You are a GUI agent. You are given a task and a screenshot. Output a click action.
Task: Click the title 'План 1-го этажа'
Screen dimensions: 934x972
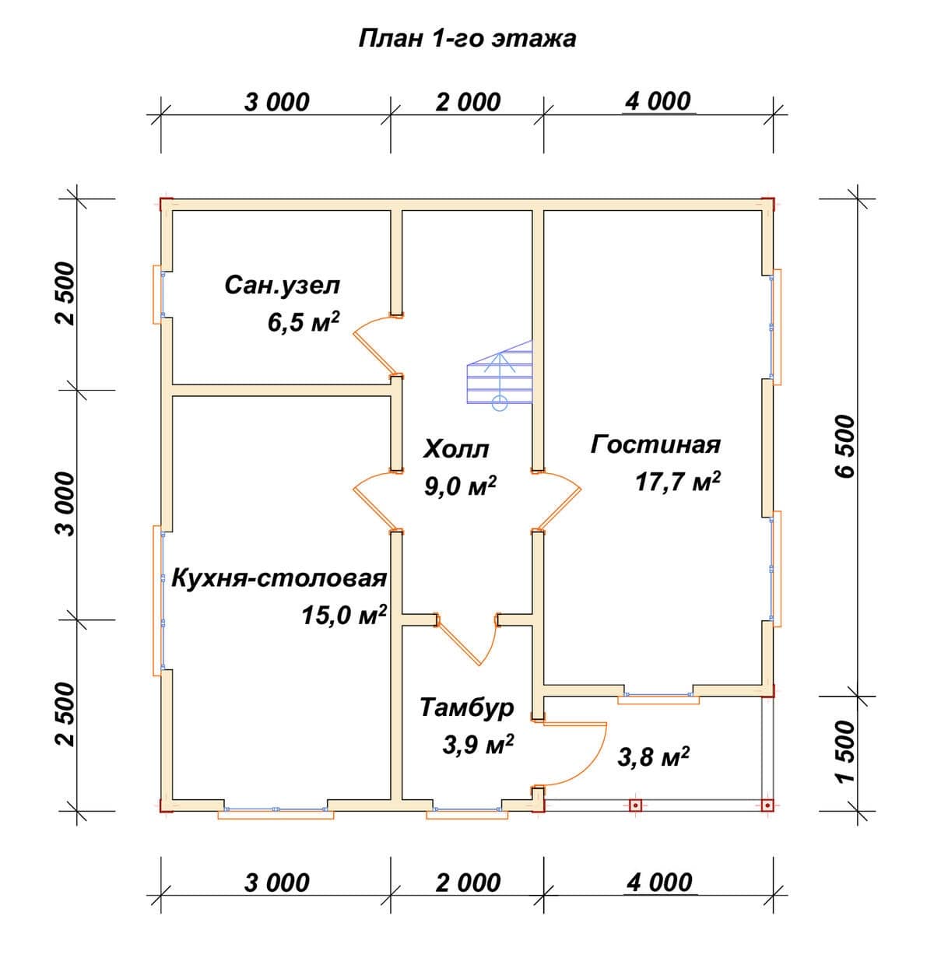click(x=467, y=39)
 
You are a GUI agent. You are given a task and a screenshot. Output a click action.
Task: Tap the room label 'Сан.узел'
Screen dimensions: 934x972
click(x=283, y=286)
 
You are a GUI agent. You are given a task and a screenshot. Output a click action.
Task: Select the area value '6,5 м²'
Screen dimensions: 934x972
click(x=304, y=321)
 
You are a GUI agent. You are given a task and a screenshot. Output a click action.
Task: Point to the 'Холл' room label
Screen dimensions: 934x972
click(x=456, y=449)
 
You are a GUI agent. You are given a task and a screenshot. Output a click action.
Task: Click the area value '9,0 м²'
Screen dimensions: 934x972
click(x=461, y=485)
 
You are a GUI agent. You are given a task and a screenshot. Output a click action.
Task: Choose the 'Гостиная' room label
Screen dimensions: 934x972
click(x=656, y=444)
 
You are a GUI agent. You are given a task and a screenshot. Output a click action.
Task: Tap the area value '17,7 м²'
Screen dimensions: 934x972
click(x=678, y=482)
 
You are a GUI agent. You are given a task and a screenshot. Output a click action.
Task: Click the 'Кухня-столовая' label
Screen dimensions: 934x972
click(x=279, y=579)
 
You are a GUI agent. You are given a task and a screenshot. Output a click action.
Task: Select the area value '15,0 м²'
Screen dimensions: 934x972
click(x=344, y=615)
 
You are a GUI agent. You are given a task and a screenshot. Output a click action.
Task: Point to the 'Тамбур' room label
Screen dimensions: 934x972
click(x=467, y=707)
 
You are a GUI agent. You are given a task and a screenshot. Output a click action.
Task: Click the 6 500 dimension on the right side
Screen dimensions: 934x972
click(x=845, y=447)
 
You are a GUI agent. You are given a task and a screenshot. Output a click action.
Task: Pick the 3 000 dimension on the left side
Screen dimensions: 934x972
click(x=65, y=504)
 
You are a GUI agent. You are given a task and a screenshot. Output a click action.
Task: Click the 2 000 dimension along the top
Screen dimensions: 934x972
click(x=468, y=103)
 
